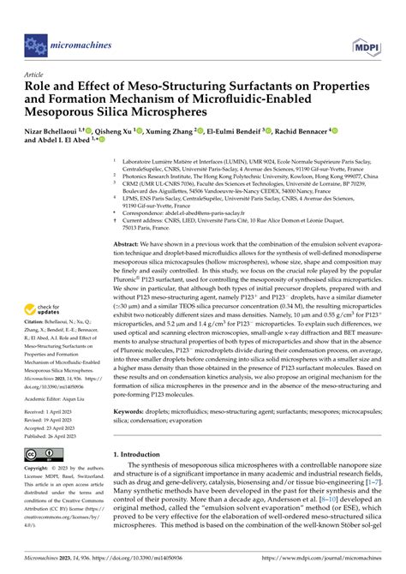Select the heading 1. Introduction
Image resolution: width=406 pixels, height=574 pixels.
143,477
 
